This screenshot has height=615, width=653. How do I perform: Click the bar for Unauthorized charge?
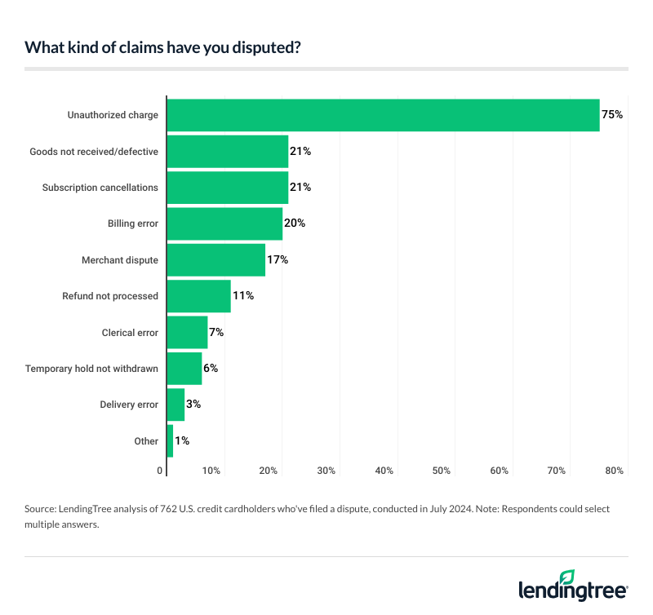pos(383,115)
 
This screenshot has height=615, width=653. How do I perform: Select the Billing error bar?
pos(224,223)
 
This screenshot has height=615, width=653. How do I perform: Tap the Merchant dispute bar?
pos(216,259)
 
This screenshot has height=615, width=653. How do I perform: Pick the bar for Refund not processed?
pos(198,296)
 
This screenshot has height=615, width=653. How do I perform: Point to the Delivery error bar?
pos(175,405)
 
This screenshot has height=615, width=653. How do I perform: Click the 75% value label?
pos(612,115)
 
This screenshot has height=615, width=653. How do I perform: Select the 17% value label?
pos(278,259)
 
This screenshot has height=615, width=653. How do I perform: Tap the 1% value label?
pos(182,440)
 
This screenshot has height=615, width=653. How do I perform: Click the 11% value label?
pos(243,296)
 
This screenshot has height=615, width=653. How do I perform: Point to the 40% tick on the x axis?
pos(384,471)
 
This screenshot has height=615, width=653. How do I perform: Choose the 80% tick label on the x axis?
pos(615,471)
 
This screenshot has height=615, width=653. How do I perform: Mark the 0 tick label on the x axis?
pos(160,471)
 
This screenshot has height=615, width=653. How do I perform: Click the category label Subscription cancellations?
pos(100,188)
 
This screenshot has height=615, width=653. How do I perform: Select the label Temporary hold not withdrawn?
pos(91,369)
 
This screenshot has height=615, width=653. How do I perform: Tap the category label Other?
pos(146,441)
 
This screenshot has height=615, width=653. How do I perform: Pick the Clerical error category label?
pos(130,333)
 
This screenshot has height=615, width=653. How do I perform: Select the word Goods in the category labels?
pos(44,152)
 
